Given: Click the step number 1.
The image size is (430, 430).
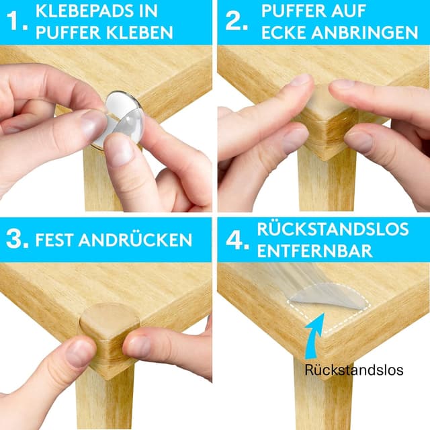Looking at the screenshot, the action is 17,21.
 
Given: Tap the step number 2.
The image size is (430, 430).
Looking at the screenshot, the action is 236,21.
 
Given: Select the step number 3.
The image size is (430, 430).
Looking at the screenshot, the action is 17,239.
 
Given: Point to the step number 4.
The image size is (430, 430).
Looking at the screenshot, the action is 237,240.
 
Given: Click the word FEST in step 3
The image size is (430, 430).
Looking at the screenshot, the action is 54,240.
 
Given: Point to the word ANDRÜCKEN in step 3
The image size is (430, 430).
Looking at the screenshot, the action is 135,239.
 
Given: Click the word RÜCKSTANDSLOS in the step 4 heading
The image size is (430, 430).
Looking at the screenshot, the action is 333,228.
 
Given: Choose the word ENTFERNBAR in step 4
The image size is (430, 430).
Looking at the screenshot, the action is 315,251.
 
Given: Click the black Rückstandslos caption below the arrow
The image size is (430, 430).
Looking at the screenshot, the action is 354,370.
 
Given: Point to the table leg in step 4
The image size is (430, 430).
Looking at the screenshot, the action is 323,394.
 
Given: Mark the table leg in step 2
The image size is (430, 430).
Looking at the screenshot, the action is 327,181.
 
